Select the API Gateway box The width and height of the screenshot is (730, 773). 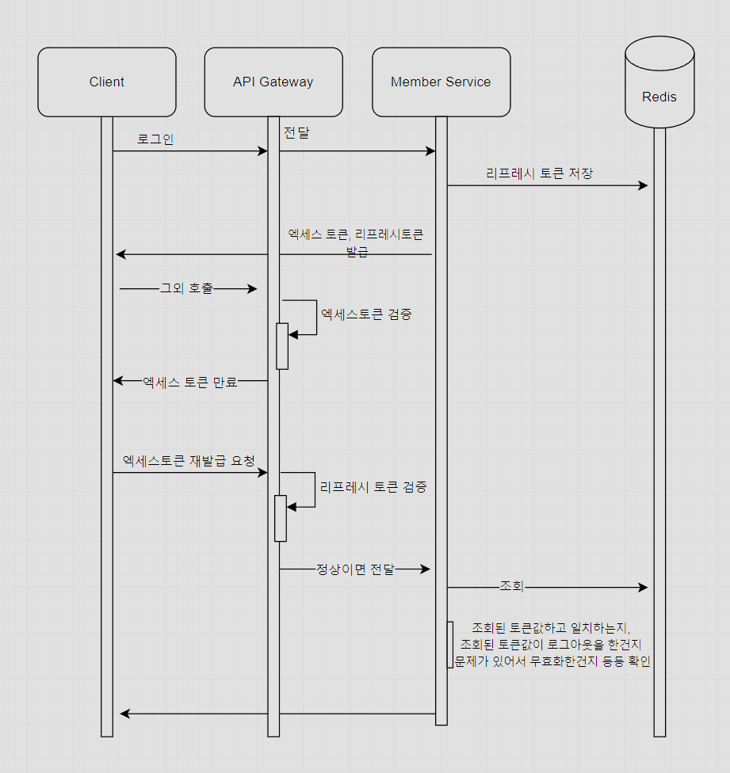(273, 82)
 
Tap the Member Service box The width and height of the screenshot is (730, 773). (441, 82)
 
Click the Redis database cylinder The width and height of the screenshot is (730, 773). (659, 87)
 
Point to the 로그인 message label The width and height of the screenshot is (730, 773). (155, 139)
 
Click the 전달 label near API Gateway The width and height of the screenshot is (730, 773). (296, 133)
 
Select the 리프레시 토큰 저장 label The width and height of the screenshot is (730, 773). (539, 173)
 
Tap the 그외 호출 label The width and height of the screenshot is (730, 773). (187, 289)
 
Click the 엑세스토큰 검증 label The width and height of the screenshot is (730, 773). (366, 314)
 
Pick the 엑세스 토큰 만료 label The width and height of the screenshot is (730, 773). (190, 383)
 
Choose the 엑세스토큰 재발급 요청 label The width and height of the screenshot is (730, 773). (189, 461)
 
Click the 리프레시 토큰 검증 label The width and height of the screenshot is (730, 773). (373, 487)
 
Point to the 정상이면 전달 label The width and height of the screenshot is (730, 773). (355, 569)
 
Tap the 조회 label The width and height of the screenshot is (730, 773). (511, 587)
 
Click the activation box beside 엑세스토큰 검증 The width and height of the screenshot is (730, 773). (282, 346)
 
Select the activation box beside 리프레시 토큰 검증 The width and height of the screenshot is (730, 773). (281, 518)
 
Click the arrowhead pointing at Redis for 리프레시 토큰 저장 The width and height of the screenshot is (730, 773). (644, 185)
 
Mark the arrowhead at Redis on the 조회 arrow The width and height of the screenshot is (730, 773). (644, 588)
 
